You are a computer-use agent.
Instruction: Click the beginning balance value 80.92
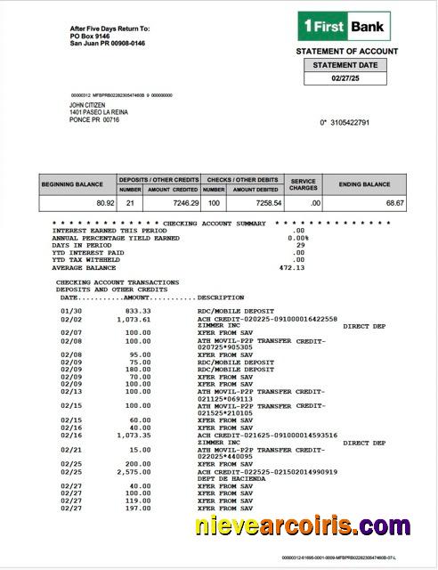[104, 203]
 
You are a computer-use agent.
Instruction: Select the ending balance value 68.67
[394, 203]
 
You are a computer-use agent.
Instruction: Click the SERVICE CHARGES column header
[303, 184]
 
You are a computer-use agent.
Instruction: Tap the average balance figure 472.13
[292, 267]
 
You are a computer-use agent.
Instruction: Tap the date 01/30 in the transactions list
[70, 311]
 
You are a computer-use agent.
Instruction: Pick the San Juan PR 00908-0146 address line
[107, 43]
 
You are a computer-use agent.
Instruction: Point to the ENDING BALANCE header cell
[363, 184]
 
